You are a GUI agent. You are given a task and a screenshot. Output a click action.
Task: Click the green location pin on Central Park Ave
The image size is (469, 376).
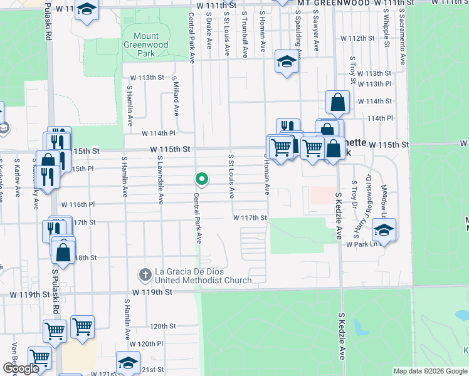click(202, 179)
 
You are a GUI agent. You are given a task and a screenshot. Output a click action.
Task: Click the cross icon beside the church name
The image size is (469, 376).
click(145, 274)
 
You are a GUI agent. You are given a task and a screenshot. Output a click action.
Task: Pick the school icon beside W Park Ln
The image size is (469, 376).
click(384, 230)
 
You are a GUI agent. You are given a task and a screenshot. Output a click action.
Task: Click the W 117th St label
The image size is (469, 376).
click(250, 217)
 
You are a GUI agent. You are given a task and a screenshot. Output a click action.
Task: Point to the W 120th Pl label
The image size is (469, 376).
click(146, 344)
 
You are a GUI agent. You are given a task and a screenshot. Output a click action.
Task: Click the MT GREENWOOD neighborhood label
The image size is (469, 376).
click(334, 3)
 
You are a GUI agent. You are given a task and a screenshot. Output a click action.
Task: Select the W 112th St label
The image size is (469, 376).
click(361, 38)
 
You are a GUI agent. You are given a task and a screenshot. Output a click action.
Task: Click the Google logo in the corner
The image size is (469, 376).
click(21, 368)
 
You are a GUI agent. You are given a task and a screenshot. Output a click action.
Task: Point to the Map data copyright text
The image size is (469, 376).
click(429, 371)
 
